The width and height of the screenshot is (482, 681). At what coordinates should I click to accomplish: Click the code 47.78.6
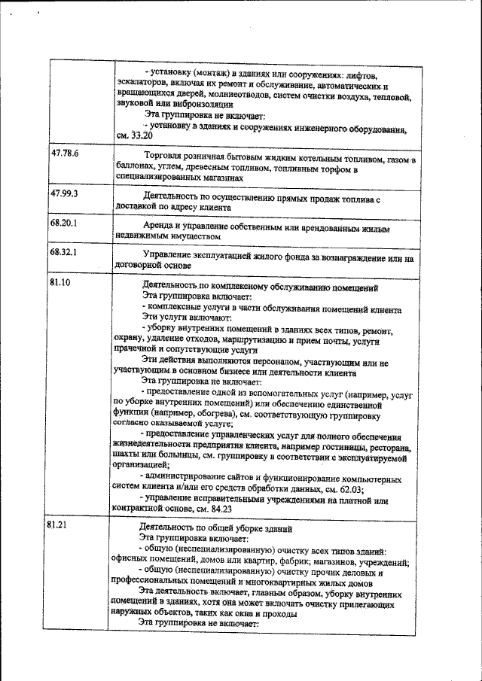point(66,155)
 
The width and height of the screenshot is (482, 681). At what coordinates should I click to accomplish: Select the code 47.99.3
point(65,194)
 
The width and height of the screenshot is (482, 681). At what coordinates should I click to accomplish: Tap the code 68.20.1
point(65,224)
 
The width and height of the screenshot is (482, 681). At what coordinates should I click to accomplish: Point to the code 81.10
point(61,283)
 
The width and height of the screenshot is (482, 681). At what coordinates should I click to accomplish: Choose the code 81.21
point(58,524)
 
